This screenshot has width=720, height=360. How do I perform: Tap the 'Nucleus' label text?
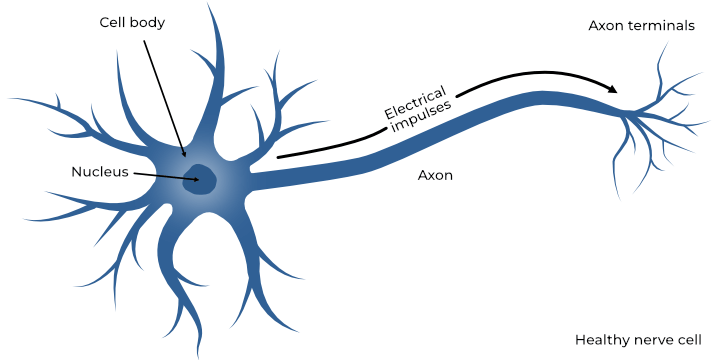pos(100,171)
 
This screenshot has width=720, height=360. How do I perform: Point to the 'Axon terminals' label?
pos(641,25)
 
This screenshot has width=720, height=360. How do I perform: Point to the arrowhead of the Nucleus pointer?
pos(195,180)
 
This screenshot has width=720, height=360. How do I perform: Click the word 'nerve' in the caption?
pos(650,340)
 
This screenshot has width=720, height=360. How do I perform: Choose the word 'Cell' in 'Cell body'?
pos(113,21)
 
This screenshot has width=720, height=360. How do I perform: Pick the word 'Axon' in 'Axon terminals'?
pos(606,25)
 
